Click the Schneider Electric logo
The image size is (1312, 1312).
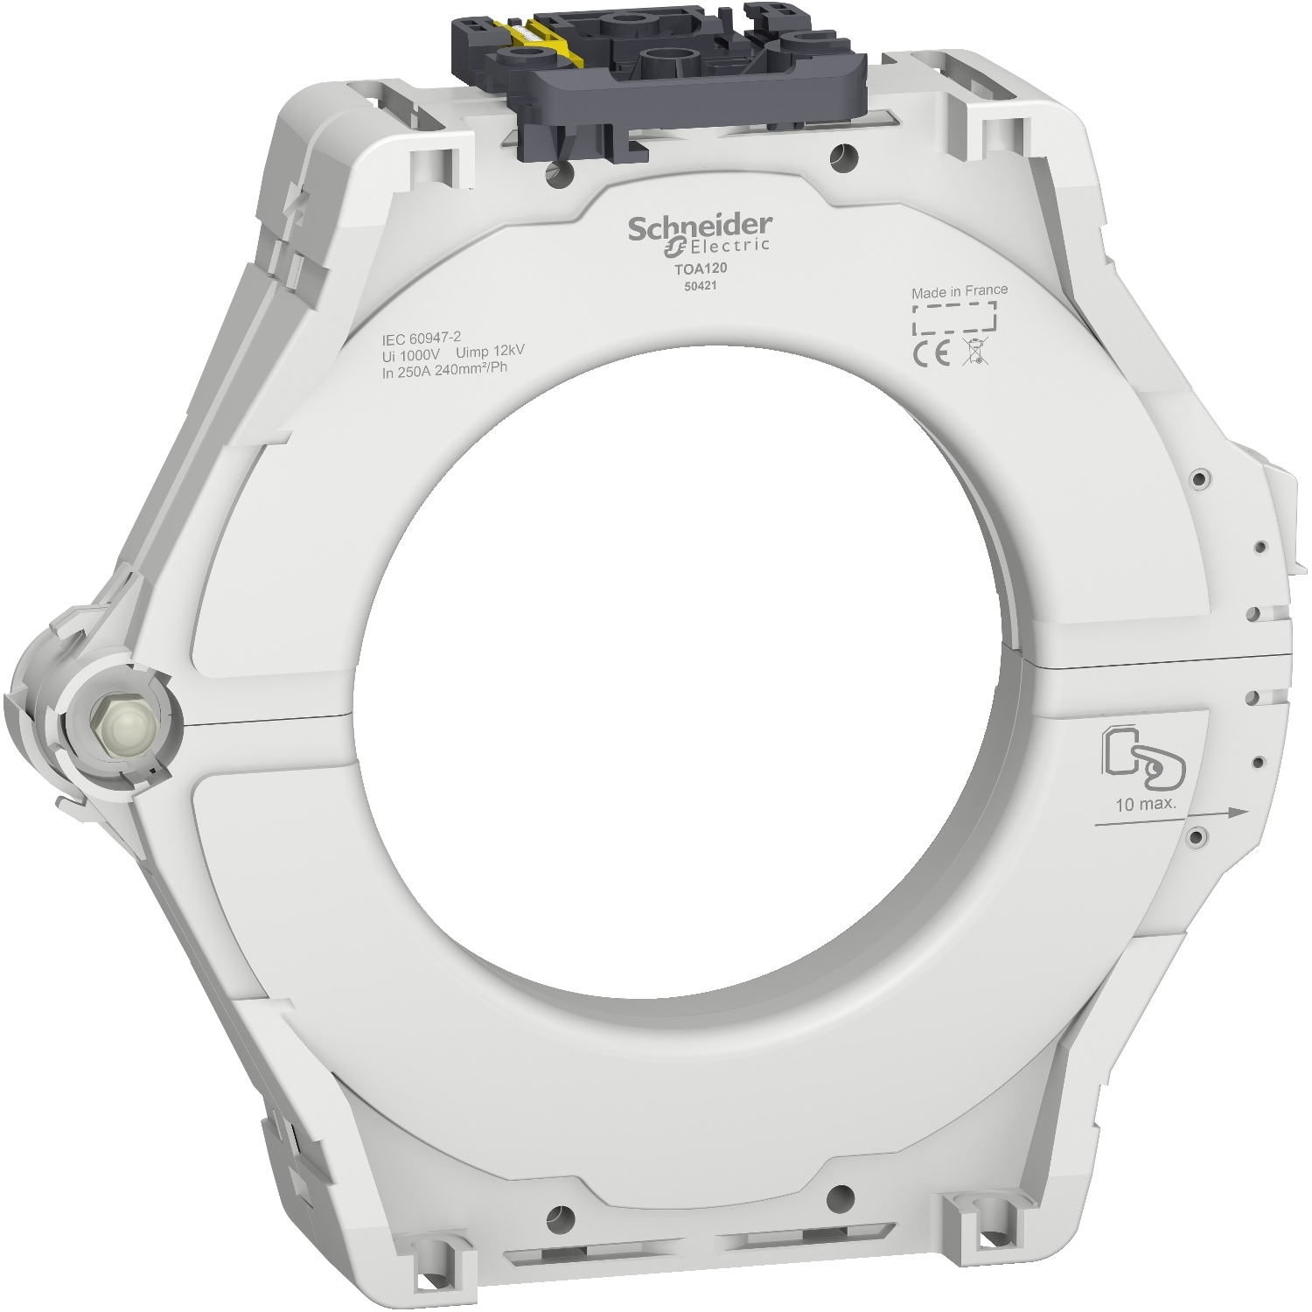pyautogui.click(x=700, y=233)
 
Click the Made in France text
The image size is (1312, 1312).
pyautogui.click(x=959, y=290)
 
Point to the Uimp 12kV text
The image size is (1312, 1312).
pyautogui.click(x=490, y=352)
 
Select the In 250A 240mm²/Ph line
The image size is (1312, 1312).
pyautogui.click(x=445, y=367)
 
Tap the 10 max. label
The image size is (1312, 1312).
pyautogui.click(x=1145, y=805)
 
